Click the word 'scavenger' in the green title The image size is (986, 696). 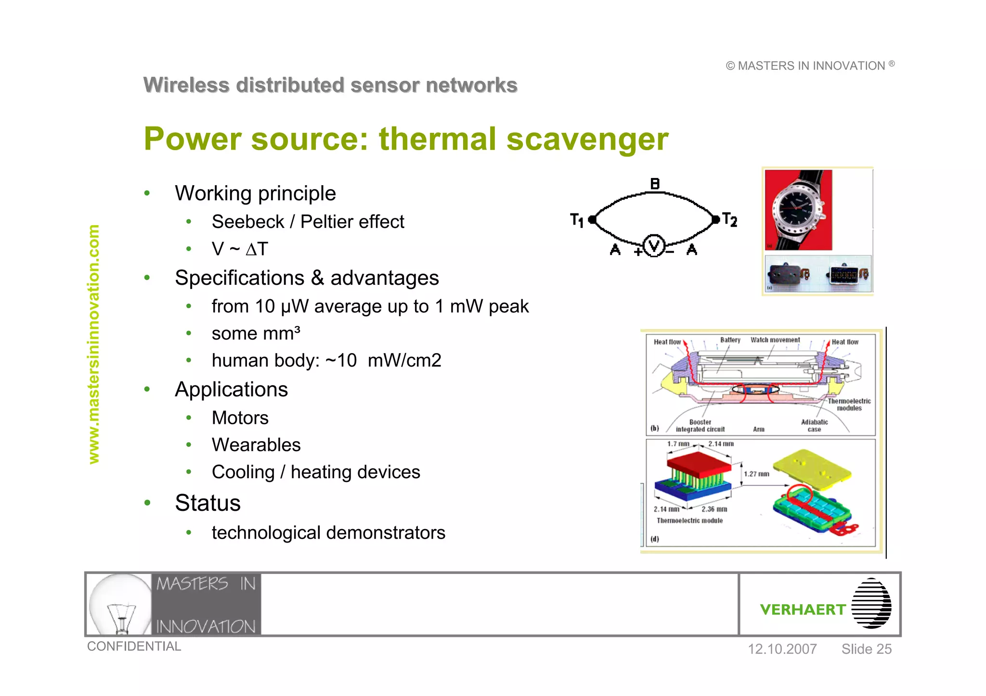587,139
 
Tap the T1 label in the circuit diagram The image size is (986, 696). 576,220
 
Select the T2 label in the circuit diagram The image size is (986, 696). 730,220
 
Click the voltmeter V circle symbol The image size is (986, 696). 654,246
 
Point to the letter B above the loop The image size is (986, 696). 655,184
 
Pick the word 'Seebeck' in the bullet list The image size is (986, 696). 248,222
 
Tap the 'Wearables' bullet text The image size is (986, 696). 256,445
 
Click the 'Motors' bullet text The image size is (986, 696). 240,418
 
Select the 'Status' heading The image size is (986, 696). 208,503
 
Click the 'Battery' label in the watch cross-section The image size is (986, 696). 730,340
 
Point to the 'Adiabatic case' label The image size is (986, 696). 814,426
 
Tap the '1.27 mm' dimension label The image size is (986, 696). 756,474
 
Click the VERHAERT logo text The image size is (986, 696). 803,609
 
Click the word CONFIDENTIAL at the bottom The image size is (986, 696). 134,646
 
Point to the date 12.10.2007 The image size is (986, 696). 782,649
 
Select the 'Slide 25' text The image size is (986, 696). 866,649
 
